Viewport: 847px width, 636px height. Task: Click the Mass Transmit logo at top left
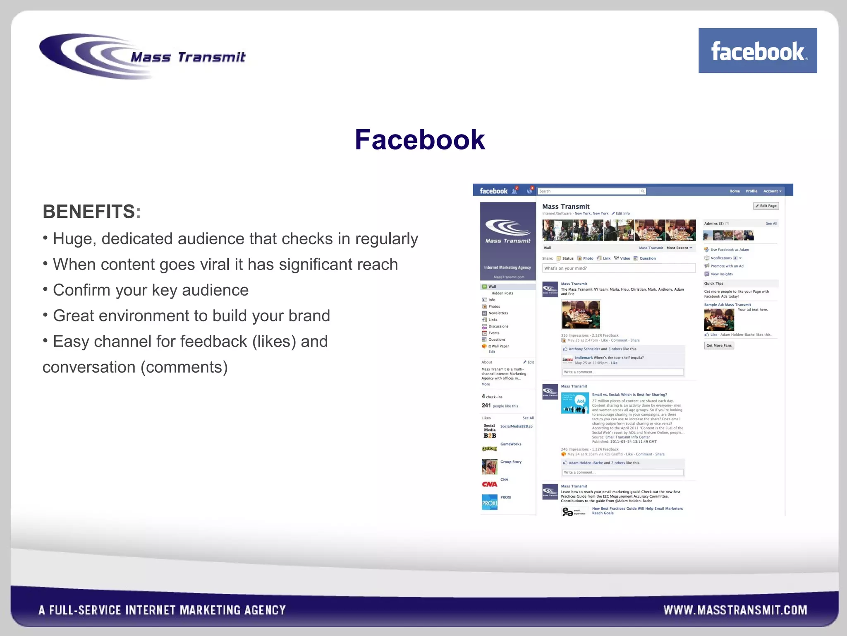pos(143,56)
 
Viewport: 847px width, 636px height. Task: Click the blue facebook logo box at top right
pos(757,51)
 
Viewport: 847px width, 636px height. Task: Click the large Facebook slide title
pos(419,140)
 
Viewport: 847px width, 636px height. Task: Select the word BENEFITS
pos(89,212)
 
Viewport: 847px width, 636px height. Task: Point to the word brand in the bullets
pos(309,316)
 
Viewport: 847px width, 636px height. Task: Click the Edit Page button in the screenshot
pos(766,206)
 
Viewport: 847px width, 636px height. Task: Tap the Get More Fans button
pos(719,345)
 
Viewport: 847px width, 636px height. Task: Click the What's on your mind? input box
pos(618,268)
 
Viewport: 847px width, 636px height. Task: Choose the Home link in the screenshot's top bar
pos(735,191)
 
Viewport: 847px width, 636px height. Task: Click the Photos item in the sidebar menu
pos(494,306)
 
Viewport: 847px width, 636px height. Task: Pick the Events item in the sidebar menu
pos(494,333)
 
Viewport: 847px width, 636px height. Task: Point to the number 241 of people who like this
pos(486,406)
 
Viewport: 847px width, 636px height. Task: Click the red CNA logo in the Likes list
pos(489,484)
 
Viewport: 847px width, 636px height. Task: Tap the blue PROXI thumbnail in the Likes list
pos(489,502)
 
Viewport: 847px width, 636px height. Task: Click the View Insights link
pos(721,274)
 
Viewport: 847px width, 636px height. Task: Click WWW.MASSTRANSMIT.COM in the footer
pos(735,610)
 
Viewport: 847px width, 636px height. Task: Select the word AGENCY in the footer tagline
pos(265,610)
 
